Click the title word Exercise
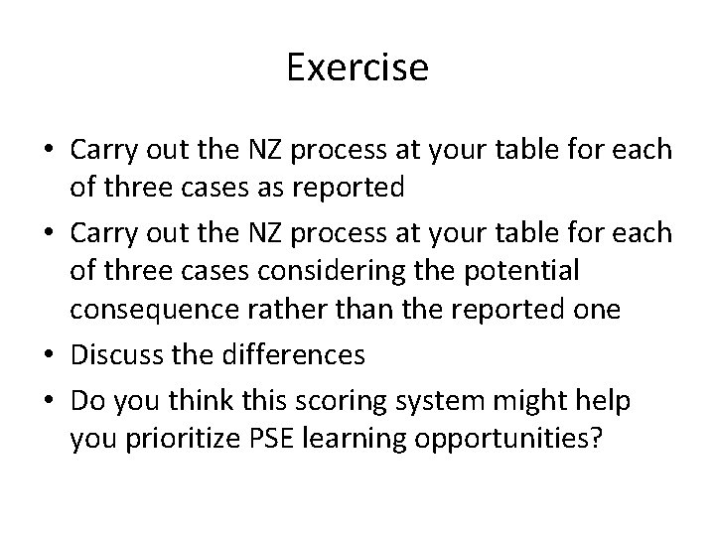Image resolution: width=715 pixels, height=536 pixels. [x=357, y=67]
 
